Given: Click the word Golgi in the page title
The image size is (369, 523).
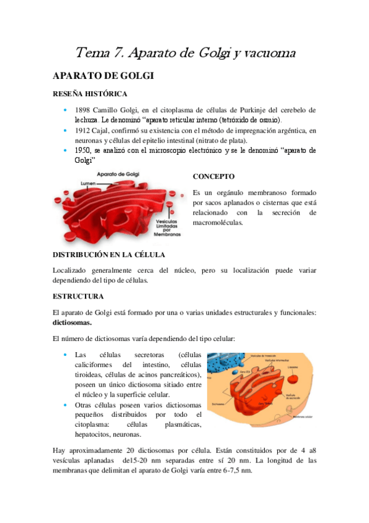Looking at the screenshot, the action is [x=210, y=54].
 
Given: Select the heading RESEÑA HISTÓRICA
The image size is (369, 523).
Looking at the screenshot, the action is [x=90, y=94].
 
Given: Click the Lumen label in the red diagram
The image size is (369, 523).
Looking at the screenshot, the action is [x=89, y=184].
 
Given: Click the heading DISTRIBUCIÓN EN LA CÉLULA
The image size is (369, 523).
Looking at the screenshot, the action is [x=108, y=254].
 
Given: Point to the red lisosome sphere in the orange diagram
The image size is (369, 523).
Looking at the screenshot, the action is [x=295, y=375].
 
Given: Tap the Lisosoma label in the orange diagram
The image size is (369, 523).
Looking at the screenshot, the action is [x=294, y=366].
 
